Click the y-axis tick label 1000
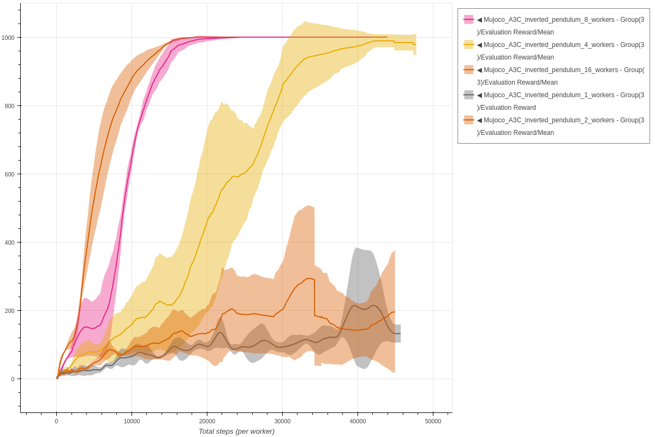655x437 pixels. [8, 38]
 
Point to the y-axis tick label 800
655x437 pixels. [9, 106]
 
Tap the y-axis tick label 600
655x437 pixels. [9, 174]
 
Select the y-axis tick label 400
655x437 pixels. [9, 243]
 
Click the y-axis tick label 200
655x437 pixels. [9, 311]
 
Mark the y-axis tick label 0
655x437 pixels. [13, 379]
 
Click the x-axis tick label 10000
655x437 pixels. [132, 421]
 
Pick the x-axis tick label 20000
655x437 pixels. [207, 421]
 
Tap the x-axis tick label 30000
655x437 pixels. [282, 421]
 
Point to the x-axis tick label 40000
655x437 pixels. [358, 421]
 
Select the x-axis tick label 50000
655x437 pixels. [433, 421]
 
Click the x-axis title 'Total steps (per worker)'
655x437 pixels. [236, 432]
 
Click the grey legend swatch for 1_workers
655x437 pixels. [468, 95]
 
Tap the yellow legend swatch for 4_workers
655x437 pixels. [468, 45]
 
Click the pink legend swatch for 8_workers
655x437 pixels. [468, 20]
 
